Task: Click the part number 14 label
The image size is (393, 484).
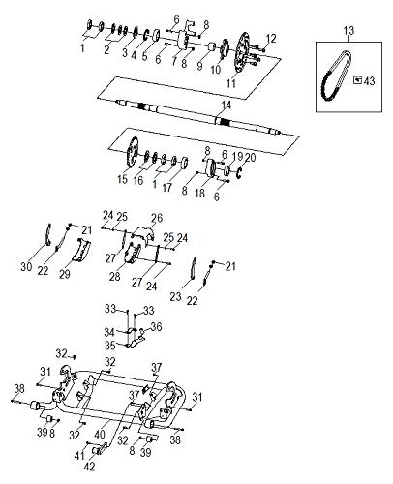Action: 227,106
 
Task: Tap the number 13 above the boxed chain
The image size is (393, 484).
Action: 348,31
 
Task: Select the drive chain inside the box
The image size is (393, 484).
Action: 335,76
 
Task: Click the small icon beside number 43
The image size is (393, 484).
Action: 357,79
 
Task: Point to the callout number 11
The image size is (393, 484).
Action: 231,83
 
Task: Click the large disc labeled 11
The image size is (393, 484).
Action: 243,53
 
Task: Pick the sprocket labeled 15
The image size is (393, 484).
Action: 132,152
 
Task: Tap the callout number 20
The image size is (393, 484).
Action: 250,158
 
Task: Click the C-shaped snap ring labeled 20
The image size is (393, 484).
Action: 239,173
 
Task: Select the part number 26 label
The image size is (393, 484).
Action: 157,218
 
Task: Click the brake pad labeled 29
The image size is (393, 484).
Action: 81,249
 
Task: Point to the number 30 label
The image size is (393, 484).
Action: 26,267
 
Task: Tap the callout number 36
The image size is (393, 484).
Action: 156,327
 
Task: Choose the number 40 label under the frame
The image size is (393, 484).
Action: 100,435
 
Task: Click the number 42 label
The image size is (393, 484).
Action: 89,467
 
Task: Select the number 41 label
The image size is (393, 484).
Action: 79,456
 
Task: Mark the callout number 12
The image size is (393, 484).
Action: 271,39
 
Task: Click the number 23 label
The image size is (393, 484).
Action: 176,296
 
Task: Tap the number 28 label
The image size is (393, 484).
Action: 115,277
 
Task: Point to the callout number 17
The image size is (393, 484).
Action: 166,188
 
